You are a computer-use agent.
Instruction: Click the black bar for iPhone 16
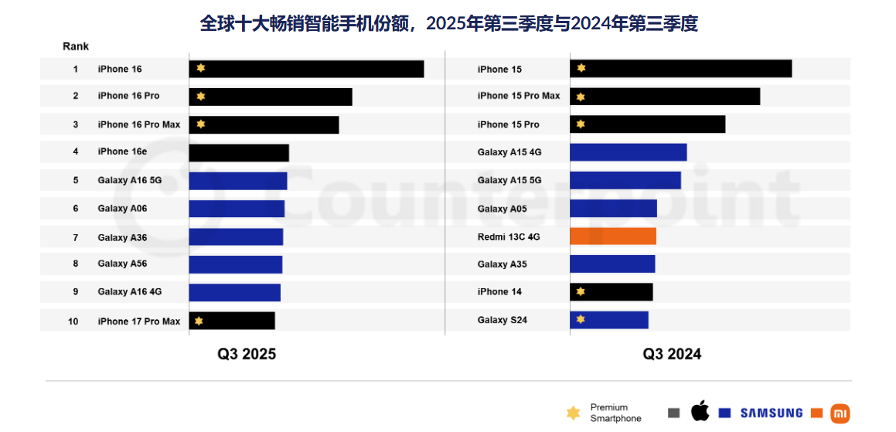point(306,69)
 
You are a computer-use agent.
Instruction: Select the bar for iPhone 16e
point(239,152)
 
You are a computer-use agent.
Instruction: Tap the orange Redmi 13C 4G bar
point(612,236)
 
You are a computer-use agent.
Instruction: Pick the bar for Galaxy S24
point(609,320)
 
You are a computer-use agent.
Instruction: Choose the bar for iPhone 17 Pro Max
point(232,321)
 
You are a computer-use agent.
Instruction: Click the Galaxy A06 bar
point(237,209)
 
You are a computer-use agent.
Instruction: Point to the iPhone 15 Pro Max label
point(519,96)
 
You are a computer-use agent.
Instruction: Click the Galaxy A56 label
point(122,264)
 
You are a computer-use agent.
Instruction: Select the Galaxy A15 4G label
point(509,152)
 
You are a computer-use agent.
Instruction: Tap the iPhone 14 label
point(499,292)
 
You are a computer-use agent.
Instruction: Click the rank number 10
point(73,321)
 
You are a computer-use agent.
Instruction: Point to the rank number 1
point(76,70)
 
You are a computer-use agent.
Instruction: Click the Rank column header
point(76,46)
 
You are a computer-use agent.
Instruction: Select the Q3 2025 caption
point(246,354)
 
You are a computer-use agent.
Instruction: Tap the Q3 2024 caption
point(672,354)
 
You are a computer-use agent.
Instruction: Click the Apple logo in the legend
point(700,411)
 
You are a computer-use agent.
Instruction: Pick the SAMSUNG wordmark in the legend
point(772,413)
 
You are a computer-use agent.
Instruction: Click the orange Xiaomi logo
point(840,413)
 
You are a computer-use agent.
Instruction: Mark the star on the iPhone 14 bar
point(581,292)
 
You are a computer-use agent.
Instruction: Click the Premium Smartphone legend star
point(573,413)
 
